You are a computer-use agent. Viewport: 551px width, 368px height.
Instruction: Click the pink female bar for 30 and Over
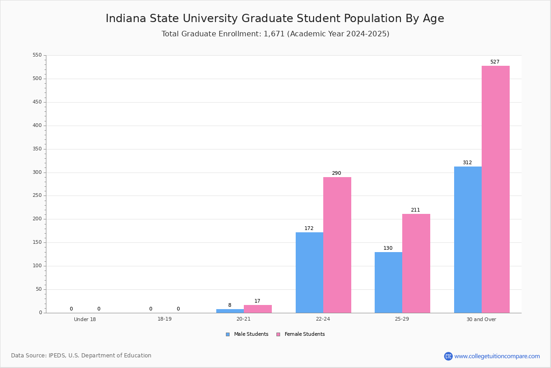495,189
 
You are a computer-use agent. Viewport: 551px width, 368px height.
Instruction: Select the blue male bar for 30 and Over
467,240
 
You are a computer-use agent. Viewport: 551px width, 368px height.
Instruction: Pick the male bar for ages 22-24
309,272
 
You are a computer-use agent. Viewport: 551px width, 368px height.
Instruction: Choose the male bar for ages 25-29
388,282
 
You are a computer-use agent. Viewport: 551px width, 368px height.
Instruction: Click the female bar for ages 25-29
416,263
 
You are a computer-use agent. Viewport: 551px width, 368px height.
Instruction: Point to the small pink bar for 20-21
258,309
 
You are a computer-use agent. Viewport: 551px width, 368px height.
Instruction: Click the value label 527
495,62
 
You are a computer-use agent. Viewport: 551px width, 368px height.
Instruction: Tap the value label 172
309,228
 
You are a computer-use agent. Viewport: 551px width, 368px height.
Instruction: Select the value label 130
388,248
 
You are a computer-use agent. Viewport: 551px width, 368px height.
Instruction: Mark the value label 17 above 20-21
257,301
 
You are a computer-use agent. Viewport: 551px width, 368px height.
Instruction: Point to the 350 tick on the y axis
36,149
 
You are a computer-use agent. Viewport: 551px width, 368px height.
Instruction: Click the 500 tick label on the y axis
36,79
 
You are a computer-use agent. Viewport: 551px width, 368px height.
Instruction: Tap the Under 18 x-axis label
85,319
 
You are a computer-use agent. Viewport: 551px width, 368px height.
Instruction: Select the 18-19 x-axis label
164,319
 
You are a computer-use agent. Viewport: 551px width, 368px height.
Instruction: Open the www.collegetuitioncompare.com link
497,356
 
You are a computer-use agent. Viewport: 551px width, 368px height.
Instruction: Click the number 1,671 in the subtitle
274,34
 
